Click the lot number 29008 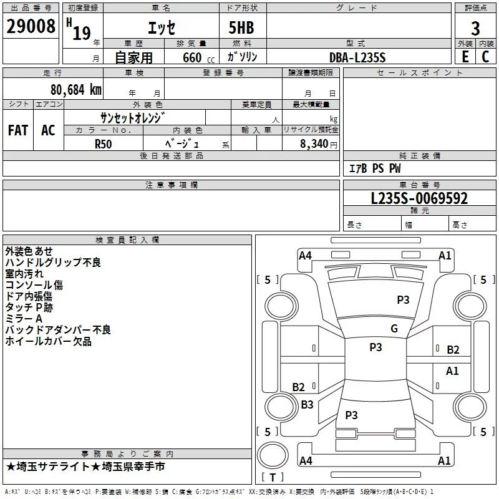pos(30,27)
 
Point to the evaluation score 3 pos(475,28)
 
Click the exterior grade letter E pos(465,57)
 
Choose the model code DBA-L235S pos(357,57)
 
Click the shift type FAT pos(18,130)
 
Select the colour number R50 pos(104,143)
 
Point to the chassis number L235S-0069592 pos(419,198)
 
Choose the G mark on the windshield pos(394,329)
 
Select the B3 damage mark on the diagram pos(307,405)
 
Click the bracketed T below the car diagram pos(273,477)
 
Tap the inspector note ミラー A pos(24,319)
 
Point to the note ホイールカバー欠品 pos(48,341)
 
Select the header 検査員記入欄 pos(127,240)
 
